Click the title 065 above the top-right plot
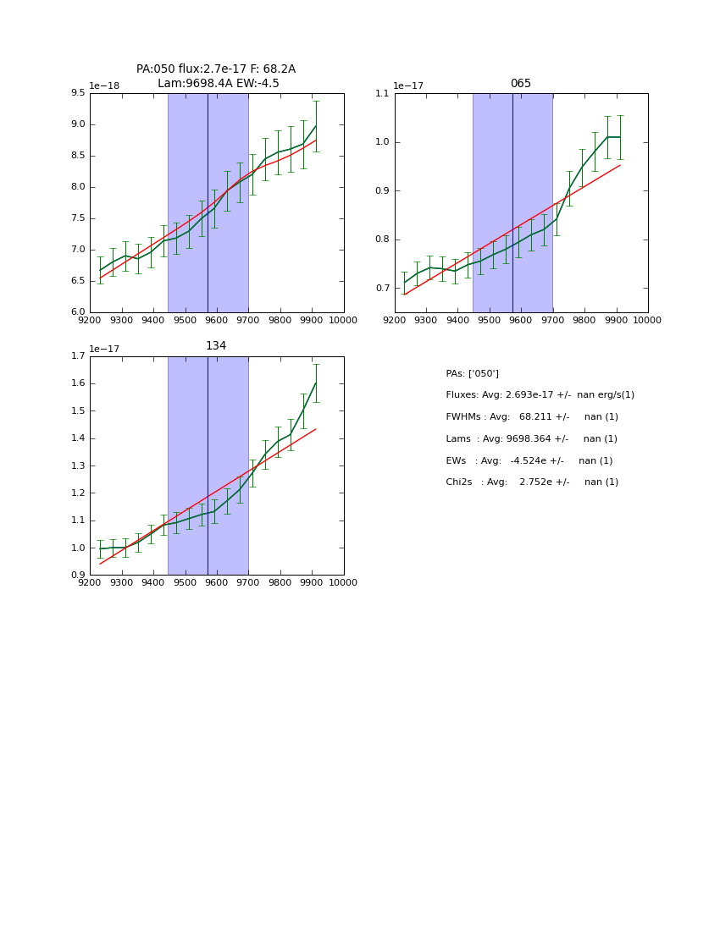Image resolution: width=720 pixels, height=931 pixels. [520, 84]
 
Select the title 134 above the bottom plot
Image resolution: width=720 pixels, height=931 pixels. [216, 346]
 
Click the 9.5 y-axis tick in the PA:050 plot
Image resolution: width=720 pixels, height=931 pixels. [78, 93]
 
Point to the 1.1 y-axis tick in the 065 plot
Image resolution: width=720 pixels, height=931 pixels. [383, 93]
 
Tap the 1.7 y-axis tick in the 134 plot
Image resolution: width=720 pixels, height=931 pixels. [78, 356]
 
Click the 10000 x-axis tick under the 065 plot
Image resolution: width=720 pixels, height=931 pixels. [647, 320]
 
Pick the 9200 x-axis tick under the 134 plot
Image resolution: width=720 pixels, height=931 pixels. [90, 582]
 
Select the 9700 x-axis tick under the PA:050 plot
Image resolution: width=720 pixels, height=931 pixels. [248, 320]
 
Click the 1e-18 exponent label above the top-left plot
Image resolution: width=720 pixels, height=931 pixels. [104, 85]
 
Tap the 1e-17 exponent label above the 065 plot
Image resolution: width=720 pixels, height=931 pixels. [409, 85]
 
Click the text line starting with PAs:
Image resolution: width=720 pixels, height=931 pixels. [472, 374]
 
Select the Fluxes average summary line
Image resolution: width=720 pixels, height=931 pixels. [540, 395]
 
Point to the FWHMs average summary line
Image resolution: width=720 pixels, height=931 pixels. [532, 417]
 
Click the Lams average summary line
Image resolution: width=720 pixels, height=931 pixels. [531, 439]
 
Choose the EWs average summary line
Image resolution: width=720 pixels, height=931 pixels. [529, 461]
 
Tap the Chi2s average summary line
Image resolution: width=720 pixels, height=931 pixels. [532, 482]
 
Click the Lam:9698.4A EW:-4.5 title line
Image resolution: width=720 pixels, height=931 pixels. [218, 84]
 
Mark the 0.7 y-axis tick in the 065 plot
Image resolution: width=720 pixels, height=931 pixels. [383, 289]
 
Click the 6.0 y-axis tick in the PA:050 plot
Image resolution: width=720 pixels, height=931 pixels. [78, 312]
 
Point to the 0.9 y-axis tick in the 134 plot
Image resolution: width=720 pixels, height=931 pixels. [78, 576]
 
